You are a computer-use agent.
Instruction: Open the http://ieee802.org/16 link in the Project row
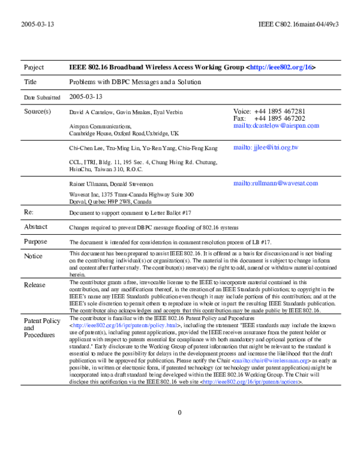pos(281,67)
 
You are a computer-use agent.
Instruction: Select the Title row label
pos(31,82)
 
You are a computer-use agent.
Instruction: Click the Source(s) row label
pos(37,111)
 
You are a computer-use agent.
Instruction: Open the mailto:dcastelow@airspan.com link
pos(276,126)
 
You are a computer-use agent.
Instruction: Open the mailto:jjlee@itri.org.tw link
pos(265,148)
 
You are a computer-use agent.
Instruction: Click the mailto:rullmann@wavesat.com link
pos(275,183)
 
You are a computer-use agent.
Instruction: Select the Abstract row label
pos(35,227)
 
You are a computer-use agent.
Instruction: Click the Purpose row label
pos(35,241)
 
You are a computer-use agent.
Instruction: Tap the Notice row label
pos(33,256)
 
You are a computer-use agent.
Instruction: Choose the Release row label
pos(34,285)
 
